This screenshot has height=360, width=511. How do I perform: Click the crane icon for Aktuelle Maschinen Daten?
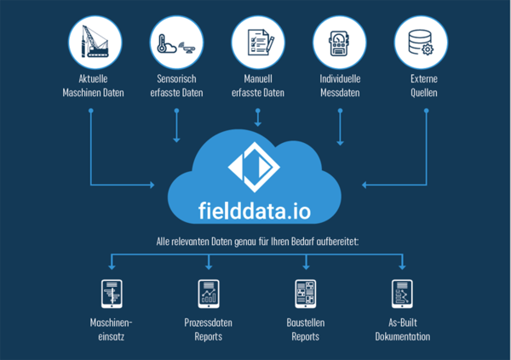pyautogui.click(x=93, y=42)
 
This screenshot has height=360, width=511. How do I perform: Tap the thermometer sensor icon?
pyautogui.click(x=175, y=42)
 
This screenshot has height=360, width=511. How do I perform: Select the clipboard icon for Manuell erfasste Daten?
pyautogui.click(x=257, y=42)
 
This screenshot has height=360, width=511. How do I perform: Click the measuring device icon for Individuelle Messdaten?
pyautogui.click(x=340, y=42)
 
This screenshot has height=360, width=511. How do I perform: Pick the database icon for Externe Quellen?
pyautogui.click(x=421, y=42)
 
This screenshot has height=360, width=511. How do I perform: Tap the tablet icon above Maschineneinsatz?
pyautogui.click(x=112, y=293)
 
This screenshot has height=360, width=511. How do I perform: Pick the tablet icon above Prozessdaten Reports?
pyautogui.click(x=208, y=293)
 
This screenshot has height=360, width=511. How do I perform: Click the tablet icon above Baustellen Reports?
pyautogui.click(x=304, y=293)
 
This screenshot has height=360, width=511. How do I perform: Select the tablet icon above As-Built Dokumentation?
pyautogui.click(x=401, y=293)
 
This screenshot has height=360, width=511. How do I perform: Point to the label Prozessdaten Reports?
pyautogui.click(x=208, y=329)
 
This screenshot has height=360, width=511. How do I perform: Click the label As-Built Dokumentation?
pyautogui.click(x=402, y=329)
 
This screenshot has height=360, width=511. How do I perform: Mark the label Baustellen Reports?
pyautogui.click(x=304, y=329)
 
